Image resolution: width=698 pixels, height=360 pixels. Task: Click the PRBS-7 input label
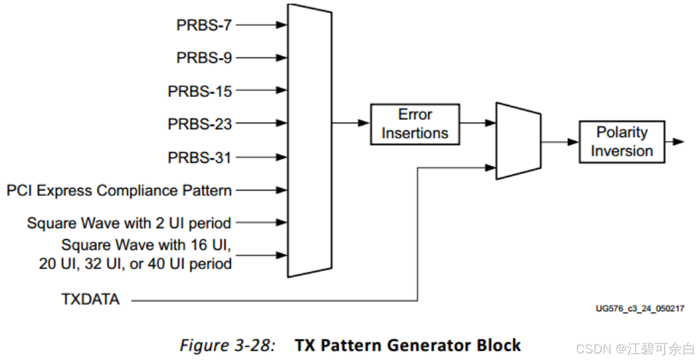(204, 25)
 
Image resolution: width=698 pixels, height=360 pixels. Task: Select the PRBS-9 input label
(204, 58)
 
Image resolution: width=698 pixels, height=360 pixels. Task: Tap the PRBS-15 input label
(200, 91)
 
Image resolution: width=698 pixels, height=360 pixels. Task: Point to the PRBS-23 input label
(200, 124)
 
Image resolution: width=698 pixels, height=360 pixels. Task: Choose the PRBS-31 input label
(200, 158)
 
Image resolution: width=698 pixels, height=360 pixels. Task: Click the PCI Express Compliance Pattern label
(119, 191)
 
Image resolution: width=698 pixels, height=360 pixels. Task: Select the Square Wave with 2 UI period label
(129, 223)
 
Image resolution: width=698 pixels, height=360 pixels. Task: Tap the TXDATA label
(90, 300)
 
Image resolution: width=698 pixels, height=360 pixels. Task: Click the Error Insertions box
(414, 124)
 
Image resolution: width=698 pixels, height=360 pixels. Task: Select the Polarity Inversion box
(621, 142)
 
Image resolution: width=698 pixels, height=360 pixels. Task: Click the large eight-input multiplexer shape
(309, 140)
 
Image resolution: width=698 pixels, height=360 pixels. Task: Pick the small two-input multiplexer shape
(518, 140)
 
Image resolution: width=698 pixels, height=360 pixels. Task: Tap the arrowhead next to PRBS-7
(282, 25)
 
